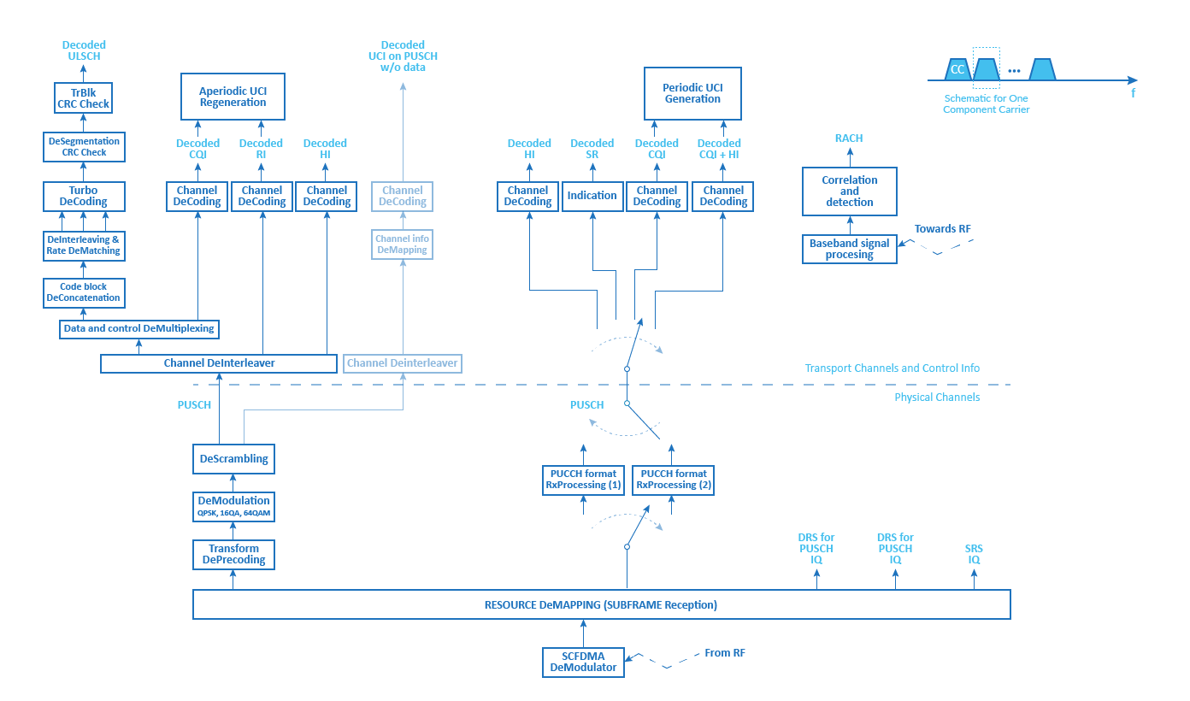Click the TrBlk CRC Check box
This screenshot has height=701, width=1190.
[84, 97]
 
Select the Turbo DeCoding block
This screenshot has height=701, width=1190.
[84, 197]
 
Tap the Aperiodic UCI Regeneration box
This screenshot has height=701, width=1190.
[233, 97]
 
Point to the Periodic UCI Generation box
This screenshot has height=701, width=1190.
[692, 93]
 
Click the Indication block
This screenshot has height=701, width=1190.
[592, 197]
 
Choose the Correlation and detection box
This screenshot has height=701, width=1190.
[850, 191]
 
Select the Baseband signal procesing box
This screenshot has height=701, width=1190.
[850, 249]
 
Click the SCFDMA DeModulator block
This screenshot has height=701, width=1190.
[583, 663]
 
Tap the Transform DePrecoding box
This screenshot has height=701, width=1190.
[233, 555]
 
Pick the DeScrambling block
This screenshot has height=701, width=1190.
[233, 459]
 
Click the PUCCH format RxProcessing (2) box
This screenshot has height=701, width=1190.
[673, 480]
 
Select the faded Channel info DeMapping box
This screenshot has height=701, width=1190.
[402, 244]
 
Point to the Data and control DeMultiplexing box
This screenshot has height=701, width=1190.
[139, 329]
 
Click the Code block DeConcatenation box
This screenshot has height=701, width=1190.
[84, 292]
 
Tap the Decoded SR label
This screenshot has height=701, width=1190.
[592, 149]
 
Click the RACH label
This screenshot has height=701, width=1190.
[849, 138]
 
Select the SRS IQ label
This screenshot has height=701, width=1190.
[974, 554]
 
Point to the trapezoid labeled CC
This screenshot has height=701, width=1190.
[957, 69]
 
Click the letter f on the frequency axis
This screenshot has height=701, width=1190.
[1134, 93]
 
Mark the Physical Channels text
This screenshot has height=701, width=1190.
[937, 398]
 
